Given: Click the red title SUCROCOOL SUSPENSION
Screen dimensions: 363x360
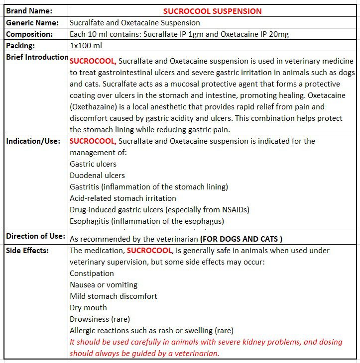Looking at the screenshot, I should tap(212, 11).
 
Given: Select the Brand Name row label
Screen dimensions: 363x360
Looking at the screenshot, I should tap(29, 11).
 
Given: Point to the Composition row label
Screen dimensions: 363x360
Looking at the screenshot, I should tap(29, 34).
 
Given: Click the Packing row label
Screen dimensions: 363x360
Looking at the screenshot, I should tap(22, 46).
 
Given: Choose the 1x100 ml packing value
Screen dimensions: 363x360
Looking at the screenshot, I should tap(86, 46).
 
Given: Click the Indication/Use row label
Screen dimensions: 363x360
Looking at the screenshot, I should tap(33, 141).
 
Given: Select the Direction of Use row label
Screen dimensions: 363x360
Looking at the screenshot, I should tap(35, 236).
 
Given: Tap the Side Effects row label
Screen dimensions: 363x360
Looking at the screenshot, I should tap(27, 251).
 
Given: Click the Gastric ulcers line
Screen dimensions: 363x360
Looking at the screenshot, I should tap(93, 164).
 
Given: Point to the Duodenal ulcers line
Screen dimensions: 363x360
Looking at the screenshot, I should tap(97, 176).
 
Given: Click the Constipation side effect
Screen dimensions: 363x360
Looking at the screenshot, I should tap(92, 273).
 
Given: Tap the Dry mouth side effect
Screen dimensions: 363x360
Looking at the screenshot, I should tap(88, 308).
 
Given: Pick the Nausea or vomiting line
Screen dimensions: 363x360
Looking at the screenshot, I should tap(104, 285).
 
